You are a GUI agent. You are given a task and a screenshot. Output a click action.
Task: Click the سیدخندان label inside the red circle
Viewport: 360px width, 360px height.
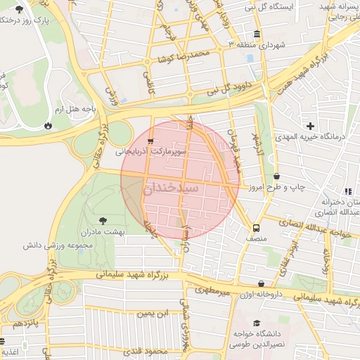coord(172,188)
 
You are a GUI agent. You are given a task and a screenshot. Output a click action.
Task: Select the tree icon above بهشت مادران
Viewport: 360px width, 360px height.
coord(103,220)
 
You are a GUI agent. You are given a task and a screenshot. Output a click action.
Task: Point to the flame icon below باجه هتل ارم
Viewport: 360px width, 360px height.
coord(47,125)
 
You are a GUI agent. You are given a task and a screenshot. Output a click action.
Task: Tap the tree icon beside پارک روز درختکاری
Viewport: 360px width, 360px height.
coord(18,10)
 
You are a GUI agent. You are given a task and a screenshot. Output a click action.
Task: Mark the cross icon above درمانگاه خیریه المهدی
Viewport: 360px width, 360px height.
coord(310,126)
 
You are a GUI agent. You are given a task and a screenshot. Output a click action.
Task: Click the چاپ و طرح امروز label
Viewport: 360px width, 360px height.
coord(304,188)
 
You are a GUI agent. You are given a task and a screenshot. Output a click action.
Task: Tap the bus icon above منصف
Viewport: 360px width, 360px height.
coord(256,228)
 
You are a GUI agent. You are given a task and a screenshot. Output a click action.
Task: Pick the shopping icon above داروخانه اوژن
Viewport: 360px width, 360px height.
coord(261,283)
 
